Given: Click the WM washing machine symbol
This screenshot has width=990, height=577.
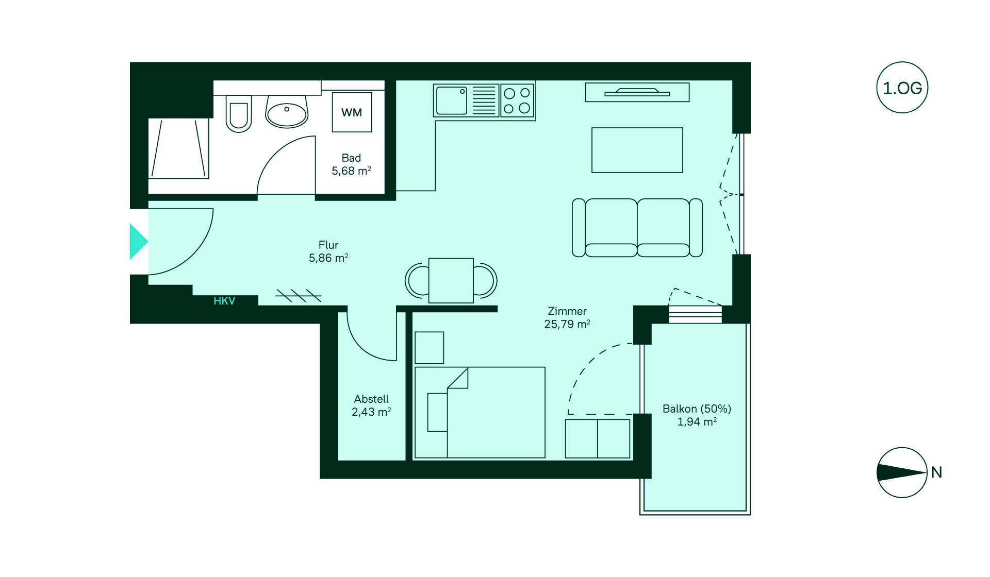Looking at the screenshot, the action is pyautogui.click(x=352, y=112).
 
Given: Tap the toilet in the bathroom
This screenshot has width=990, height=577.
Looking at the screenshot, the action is pyautogui.click(x=239, y=113).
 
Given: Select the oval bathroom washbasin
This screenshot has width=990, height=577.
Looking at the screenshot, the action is pyautogui.click(x=287, y=113).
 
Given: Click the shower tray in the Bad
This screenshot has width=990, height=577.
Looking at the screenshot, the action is pyautogui.click(x=179, y=148).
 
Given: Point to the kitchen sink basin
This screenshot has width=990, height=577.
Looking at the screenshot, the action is pyautogui.click(x=452, y=100).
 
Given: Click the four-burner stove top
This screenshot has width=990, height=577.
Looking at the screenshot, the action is pyautogui.click(x=517, y=100).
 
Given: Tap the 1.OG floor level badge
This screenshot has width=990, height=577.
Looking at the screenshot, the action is pyautogui.click(x=902, y=88).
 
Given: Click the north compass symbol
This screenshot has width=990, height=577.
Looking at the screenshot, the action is pyautogui.click(x=902, y=472).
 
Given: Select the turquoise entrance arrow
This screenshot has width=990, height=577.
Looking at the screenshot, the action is pyautogui.click(x=138, y=241).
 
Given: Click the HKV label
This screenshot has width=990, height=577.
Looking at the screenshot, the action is pyautogui.click(x=224, y=301).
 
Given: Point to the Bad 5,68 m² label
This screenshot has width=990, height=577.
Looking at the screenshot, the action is pyautogui.click(x=351, y=164).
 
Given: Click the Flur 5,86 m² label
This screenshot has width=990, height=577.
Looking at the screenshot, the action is pyautogui.click(x=328, y=251).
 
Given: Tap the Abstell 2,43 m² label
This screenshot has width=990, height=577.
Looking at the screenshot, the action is pyautogui.click(x=371, y=405).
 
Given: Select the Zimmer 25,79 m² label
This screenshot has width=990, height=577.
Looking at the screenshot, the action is pyautogui.click(x=567, y=317).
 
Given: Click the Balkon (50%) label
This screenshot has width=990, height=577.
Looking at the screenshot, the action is pyautogui.click(x=697, y=409).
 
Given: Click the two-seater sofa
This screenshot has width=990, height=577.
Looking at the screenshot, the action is pyautogui.click(x=637, y=228).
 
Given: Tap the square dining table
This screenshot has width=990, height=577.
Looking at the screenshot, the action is pyautogui.click(x=451, y=281).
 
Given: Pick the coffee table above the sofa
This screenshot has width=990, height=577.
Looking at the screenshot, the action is pyautogui.click(x=637, y=150).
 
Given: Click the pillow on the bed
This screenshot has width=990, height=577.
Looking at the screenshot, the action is pyautogui.click(x=437, y=412).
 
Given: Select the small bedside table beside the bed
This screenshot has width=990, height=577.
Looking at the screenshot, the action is pyautogui.click(x=429, y=348).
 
